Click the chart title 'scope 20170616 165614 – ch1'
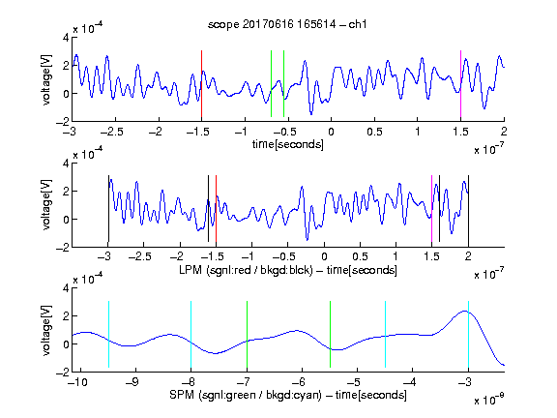point(287,24)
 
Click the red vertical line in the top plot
point(201,84)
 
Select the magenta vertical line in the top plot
point(460,84)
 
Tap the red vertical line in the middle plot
point(216,209)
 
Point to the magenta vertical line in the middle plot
point(431,209)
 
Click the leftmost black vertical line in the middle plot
point(108,209)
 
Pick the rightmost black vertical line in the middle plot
point(468,209)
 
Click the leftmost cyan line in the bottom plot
point(108,334)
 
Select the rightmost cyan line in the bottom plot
point(468,334)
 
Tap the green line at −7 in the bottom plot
point(247,334)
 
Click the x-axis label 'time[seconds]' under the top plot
point(288,145)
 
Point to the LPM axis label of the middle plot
point(288,270)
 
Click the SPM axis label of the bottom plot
point(288,395)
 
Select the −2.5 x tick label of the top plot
point(112,132)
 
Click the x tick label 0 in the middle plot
point(324,256)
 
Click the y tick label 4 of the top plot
point(66,38)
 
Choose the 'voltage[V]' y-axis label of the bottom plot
point(46,330)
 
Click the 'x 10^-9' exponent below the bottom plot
point(489,400)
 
